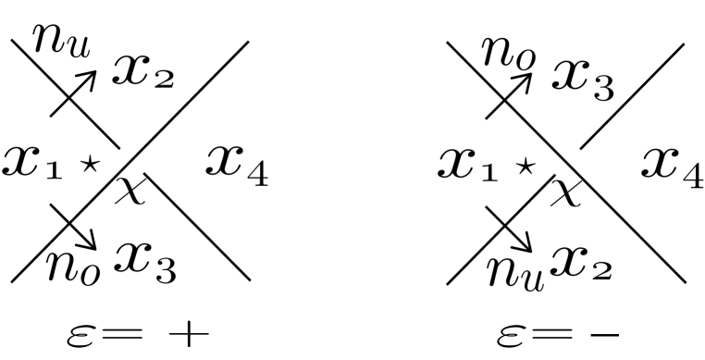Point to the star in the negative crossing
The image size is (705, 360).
coord(524,167)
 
